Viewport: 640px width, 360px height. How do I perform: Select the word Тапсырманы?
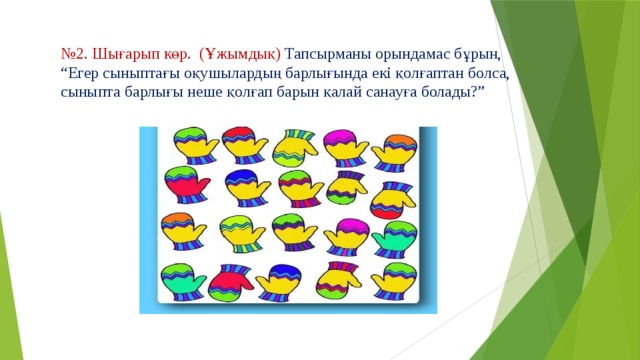329,53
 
